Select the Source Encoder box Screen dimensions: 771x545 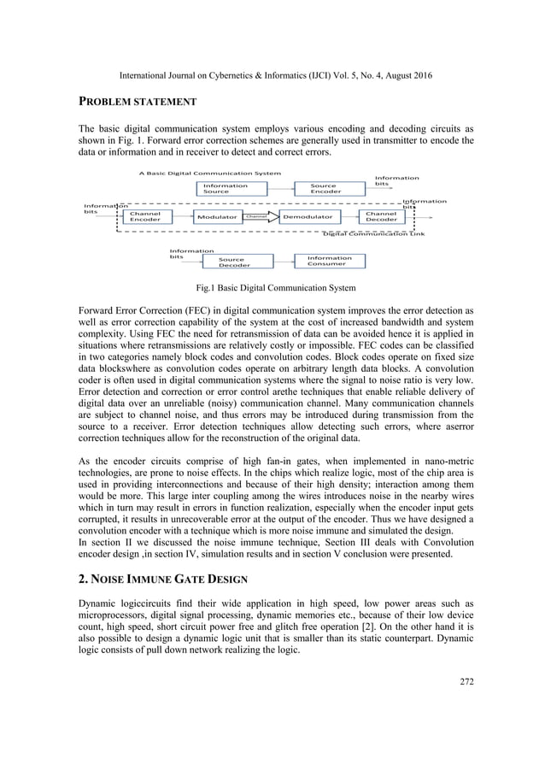click(323, 189)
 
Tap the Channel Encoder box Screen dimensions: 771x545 click(144, 217)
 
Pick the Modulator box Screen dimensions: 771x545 click(216, 218)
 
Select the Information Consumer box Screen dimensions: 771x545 click(328, 261)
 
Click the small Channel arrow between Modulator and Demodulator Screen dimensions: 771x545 click(259, 218)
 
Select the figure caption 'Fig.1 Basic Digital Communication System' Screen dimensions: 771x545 click(272, 286)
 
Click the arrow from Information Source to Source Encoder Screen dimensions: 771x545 click(272, 189)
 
